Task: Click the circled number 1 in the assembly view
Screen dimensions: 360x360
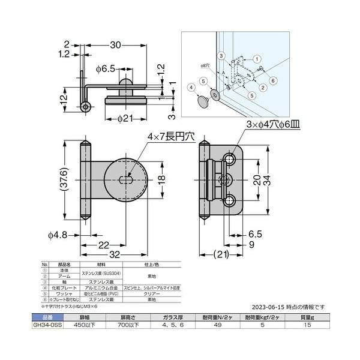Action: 256,59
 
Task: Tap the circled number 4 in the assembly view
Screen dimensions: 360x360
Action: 191,87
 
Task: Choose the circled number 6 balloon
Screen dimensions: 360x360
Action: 272,80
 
